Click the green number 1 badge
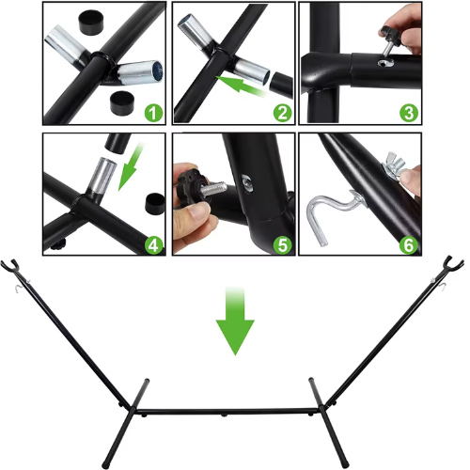click(x=153, y=113)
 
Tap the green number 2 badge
click(x=283, y=113)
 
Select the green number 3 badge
click(x=409, y=113)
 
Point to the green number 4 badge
click(x=153, y=245)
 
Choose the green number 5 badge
click(x=283, y=245)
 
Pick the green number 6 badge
click(x=409, y=245)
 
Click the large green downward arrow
click(x=235, y=321)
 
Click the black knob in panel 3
click(x=391, y=34)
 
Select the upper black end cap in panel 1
click(x=90, y=22)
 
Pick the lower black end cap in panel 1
click(x=122, y=103)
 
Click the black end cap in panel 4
click(x=155, y=203)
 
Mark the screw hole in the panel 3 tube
click(x=385, y=63)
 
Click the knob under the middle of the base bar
click(x=223, y=415)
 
